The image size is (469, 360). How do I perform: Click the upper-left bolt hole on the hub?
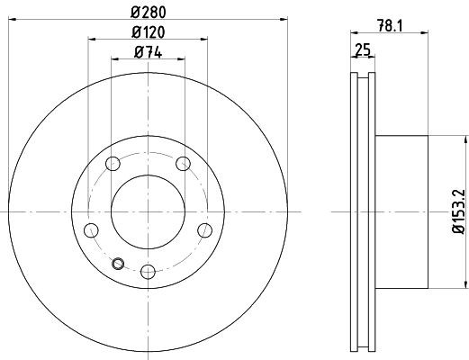tap(113, 164)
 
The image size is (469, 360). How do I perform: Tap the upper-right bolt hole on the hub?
tap(183, 164)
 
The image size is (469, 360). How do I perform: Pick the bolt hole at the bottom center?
tap(148, 268)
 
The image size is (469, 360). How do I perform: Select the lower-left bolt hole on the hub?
tap(91, 229)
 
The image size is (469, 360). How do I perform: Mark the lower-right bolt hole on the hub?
tap(204, 229)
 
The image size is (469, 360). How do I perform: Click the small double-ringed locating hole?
tap(119, 263)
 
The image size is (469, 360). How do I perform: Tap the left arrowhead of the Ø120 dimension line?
tap(91, 40)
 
